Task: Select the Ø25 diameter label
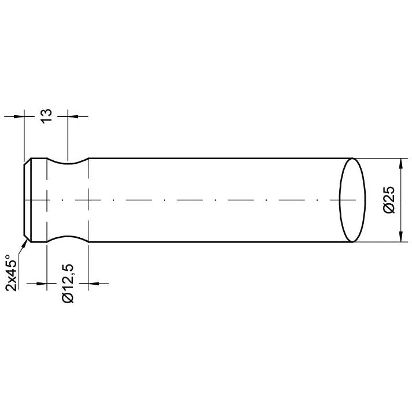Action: (x=389, y=200)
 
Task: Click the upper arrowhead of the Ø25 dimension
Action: (x=400, y=163)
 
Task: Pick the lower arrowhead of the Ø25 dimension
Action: (x=400, y=237)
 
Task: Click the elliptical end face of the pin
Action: (x=352, y=200)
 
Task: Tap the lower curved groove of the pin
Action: (x=68, y=238)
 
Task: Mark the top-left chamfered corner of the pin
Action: (x=27, y=161)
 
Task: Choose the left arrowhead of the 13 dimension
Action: (x=20, y=116)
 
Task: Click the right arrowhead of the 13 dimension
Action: (x=73, y=116)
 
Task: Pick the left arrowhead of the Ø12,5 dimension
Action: (x=41, y=284)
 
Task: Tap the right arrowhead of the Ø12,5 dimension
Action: (x=93, y=284)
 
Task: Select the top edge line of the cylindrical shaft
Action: (x=220, y=158)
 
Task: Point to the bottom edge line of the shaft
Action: (x=220, y=242)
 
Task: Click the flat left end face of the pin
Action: (x=24, y=200)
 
